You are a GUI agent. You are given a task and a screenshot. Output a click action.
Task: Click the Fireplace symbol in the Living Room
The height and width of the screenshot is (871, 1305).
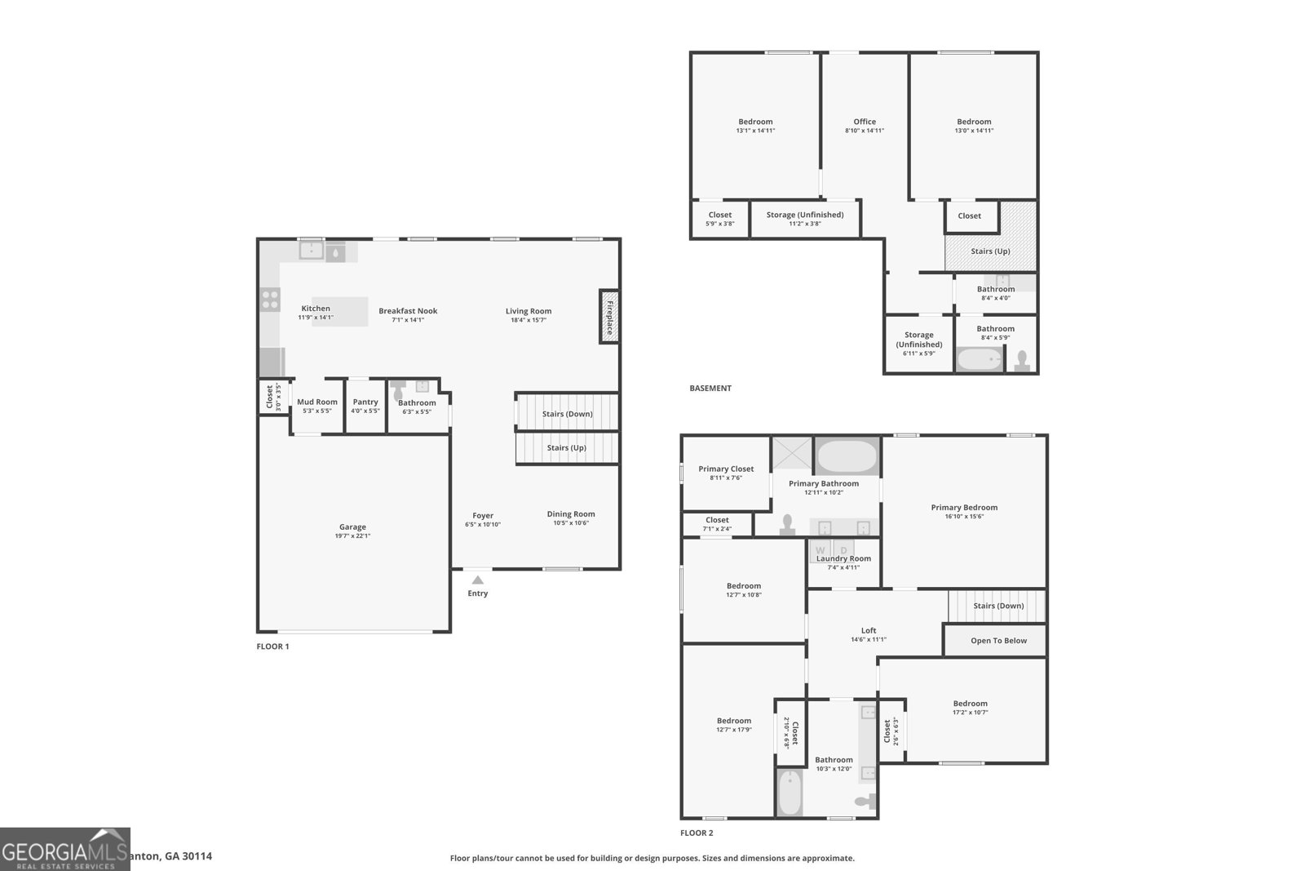(608, 317)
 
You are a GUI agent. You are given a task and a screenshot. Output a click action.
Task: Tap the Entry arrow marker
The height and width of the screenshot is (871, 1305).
(478, 580)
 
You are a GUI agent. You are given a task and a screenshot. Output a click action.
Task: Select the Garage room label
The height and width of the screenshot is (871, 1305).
(352, 527)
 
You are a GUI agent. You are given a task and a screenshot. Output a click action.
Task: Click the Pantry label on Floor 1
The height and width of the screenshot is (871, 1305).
(365, 402)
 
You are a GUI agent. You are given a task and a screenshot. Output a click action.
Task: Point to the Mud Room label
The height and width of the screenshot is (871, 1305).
(316, 402)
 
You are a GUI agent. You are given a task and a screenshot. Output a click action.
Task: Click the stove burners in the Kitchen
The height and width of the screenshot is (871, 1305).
(270, 300)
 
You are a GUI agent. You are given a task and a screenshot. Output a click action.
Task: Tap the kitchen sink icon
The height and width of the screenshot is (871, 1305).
(311, 251)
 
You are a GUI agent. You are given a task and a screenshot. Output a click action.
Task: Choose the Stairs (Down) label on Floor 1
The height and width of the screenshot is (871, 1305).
(567, 414)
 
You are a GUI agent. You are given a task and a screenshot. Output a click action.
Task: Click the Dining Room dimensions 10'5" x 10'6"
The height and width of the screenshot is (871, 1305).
(571, 523)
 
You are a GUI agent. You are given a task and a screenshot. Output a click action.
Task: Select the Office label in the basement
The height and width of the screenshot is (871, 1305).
(865, 122)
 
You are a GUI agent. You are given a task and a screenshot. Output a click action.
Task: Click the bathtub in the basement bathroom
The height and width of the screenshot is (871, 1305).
(979, 359)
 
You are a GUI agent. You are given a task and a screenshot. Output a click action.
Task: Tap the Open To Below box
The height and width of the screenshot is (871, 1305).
(998, 641)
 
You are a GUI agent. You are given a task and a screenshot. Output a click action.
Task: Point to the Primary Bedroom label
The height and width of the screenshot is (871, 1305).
(964, 508)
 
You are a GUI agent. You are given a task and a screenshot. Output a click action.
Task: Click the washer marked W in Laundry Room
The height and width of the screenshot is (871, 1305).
(821, 551)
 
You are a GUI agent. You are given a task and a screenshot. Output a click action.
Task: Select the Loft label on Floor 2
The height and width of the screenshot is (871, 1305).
(869, 630)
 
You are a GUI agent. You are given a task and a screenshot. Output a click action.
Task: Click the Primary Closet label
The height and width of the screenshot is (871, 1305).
(726, 469)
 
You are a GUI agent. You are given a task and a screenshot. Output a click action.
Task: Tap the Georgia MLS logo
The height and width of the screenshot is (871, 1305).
(64, 849)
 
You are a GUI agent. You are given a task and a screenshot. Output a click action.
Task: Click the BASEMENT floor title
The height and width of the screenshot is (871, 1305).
(710, 389)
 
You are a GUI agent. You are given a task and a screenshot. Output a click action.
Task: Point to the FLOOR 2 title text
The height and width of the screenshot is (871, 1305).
(697, 833)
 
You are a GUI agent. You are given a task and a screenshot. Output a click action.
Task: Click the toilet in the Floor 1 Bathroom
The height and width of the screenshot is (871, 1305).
(398, 393)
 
